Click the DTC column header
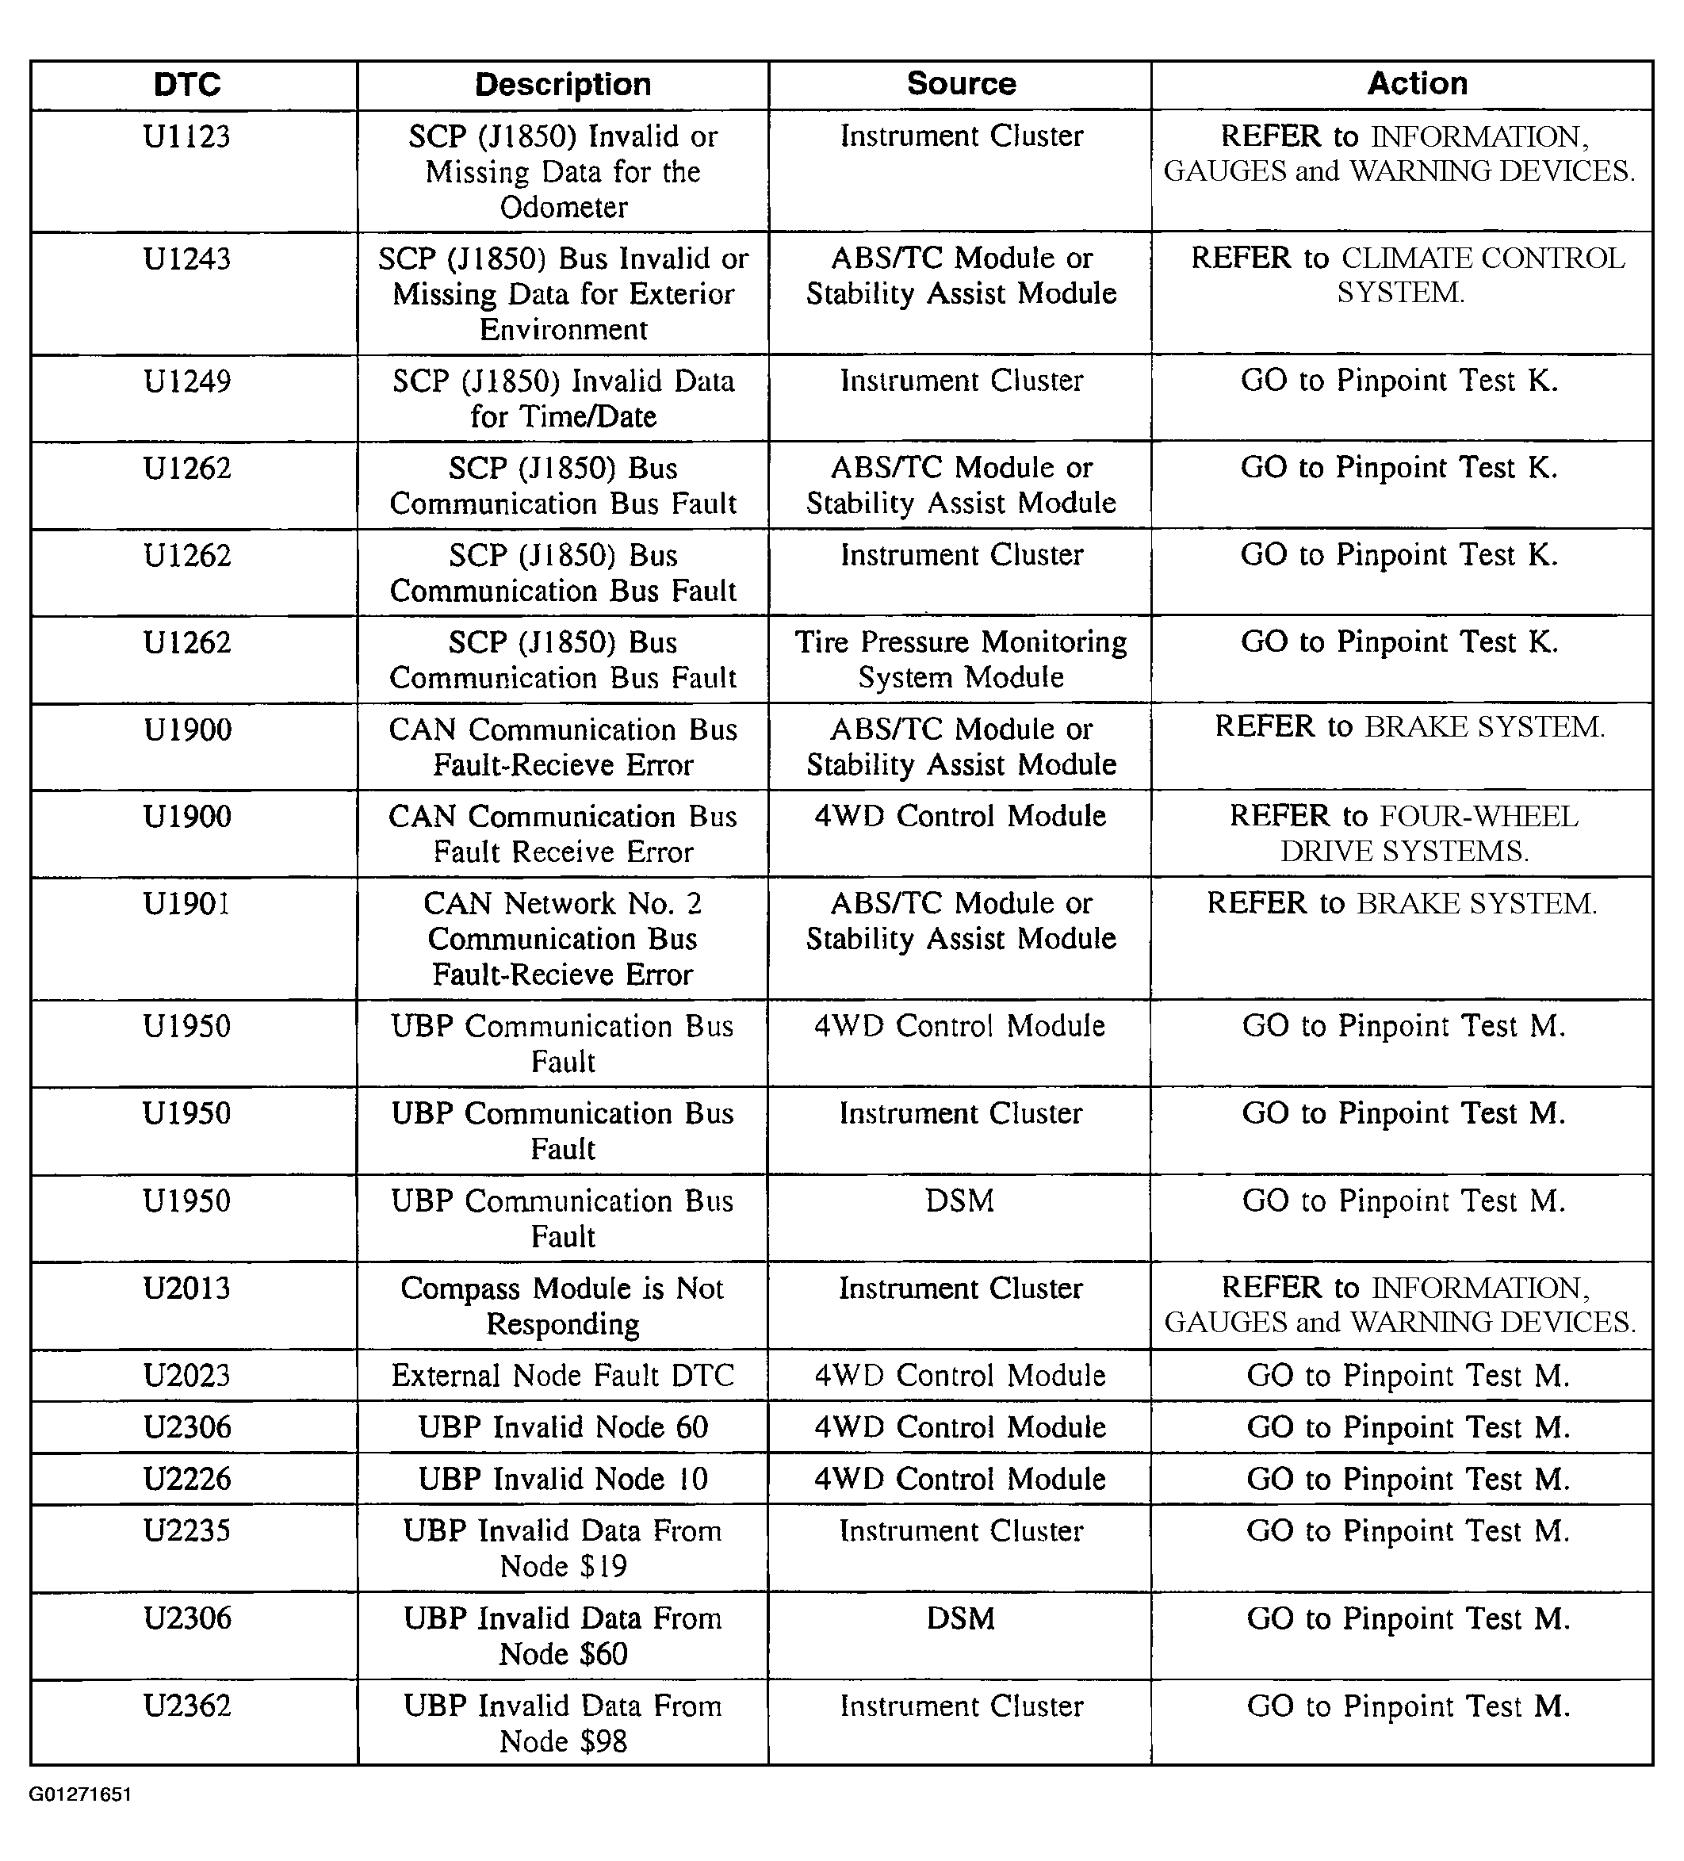coord(187,85)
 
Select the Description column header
coord(562,85)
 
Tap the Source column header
coord(960,84)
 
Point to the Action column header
coord(1416,84)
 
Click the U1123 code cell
coord(187,136)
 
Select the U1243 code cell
coord(187,259)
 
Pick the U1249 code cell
coord(187,381)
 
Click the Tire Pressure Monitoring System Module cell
coord(960,659)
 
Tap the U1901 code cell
coord(187,904)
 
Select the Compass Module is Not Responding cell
coord(562,1305)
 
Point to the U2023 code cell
coord(187,1376)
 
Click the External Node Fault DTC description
coord(562,1376)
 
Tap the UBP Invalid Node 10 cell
coord(562,1479)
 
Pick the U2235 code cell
coord(187,1530)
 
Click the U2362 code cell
coord(187,1706)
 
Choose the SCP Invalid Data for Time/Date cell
coord(562,399)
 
